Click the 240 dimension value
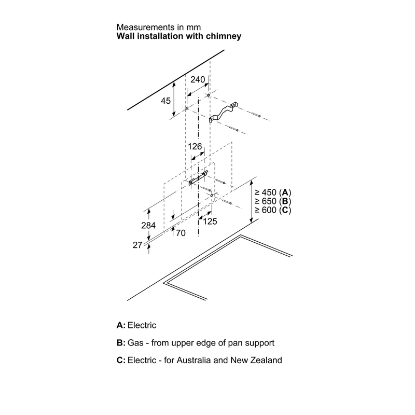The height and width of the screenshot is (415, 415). [x=198, y=79]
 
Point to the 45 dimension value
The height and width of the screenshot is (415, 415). [x=165, y=101]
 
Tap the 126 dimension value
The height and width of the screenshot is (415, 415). [x=195, y=146]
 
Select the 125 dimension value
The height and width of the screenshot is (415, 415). [x=210, y=222]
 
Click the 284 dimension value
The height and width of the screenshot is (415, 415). [x=148, y=226]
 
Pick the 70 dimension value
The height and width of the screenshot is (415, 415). [x=181, y=233]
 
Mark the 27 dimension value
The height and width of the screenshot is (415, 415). [x=137, y=245]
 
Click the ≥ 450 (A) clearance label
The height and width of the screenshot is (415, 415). [x=273, y=192]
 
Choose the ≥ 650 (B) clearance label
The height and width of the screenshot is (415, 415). [x=273, y=201]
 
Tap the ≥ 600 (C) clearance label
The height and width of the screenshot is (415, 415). [x=273, y=210]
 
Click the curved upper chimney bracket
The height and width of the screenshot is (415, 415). [x=223, y=112]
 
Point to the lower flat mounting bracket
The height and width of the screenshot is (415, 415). [x=198, y=178]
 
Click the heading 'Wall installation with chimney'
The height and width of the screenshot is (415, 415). [x=179, y=36]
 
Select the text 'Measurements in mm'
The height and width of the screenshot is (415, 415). [x=159, y=27]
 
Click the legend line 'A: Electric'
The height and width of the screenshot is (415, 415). [x=136, y=325]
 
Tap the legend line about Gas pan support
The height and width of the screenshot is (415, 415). [x=196, y=343]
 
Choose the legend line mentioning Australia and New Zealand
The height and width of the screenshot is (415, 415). [x=199, y=360]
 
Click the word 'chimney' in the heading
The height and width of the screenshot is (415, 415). [x=224, y=36]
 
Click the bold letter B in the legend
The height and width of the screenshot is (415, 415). [x=120, y=343]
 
